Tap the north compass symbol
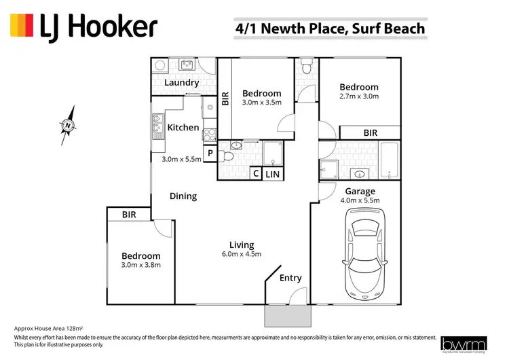pos(68,125)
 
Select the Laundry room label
pos(181,83)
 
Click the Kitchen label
pos(183,127)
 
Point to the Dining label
pos(183,196)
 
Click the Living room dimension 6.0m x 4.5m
pos(242,254)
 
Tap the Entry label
pos(290,278)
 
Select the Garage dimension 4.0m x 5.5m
pos(362,200)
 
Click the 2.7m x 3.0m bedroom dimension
pos(359,96)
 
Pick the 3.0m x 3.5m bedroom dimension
pos(262,103)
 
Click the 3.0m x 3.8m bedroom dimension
pos(141,265)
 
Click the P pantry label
pos(210,154)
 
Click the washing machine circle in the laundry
pos(160,66)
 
